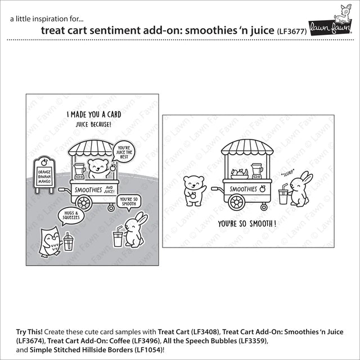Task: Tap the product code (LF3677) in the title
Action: [x=291, y=31]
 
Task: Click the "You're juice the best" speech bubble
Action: [x=124, y=152]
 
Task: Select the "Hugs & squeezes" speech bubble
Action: [x=71, y=216]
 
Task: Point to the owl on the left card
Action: [x=50, y=241]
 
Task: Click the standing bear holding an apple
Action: [x=195, y=191]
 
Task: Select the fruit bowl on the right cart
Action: [x=240, y=174]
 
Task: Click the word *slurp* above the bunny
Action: [x=287, y=174]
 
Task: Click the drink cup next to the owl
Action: [x=68, y=242]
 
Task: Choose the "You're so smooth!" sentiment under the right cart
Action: [x=247, y=224]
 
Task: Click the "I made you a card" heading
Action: [x=94, y=114]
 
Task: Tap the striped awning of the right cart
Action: [x=247, y=147]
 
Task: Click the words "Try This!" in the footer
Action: [x=29, y=332]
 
